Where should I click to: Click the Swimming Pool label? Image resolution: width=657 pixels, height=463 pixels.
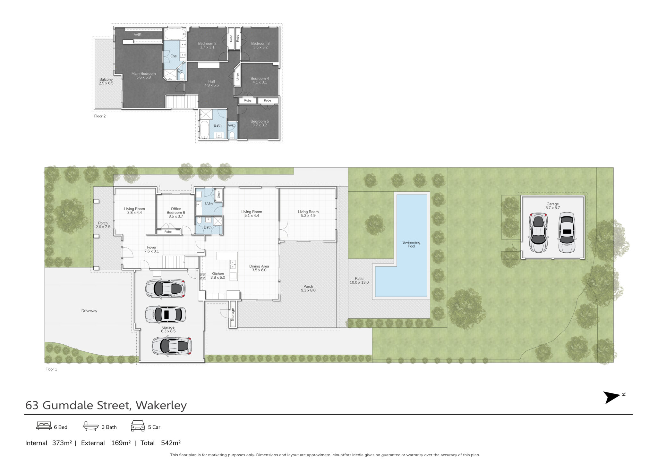(x=411, y=244)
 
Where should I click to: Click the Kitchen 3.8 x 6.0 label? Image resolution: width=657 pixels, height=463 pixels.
(x=218, y=276)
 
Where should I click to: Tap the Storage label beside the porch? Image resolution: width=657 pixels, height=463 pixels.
(x=233, y=315)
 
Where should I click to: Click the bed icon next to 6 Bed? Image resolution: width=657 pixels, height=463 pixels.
(x=44, y=426)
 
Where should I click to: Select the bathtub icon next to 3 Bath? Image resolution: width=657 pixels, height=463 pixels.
(x=91, y=426)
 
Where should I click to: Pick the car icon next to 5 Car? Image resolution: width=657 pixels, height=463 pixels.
(x=138, y=426)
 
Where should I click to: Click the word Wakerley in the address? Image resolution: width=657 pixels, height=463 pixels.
(x=161, y=405)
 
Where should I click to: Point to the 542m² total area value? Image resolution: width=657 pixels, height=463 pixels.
(x=171, y=443)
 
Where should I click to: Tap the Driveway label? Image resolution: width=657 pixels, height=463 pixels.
(x=89, y=311)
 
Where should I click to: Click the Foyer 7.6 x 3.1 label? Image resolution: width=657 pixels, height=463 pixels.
(x=152, y=249)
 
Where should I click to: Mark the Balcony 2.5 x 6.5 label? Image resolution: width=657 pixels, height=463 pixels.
(x=106, y=81)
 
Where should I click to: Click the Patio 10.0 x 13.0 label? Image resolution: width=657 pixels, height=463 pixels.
(x=359, y=281)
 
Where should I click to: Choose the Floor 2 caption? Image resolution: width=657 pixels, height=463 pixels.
(x=100, y=116)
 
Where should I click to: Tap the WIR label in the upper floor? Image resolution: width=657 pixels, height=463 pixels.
(x=138, y=35)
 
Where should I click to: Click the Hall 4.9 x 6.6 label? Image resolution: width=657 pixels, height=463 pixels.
(x=211, y=83)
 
